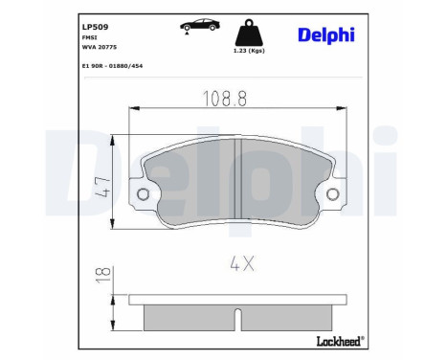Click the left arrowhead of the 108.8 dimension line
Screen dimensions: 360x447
tap(131, 110)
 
